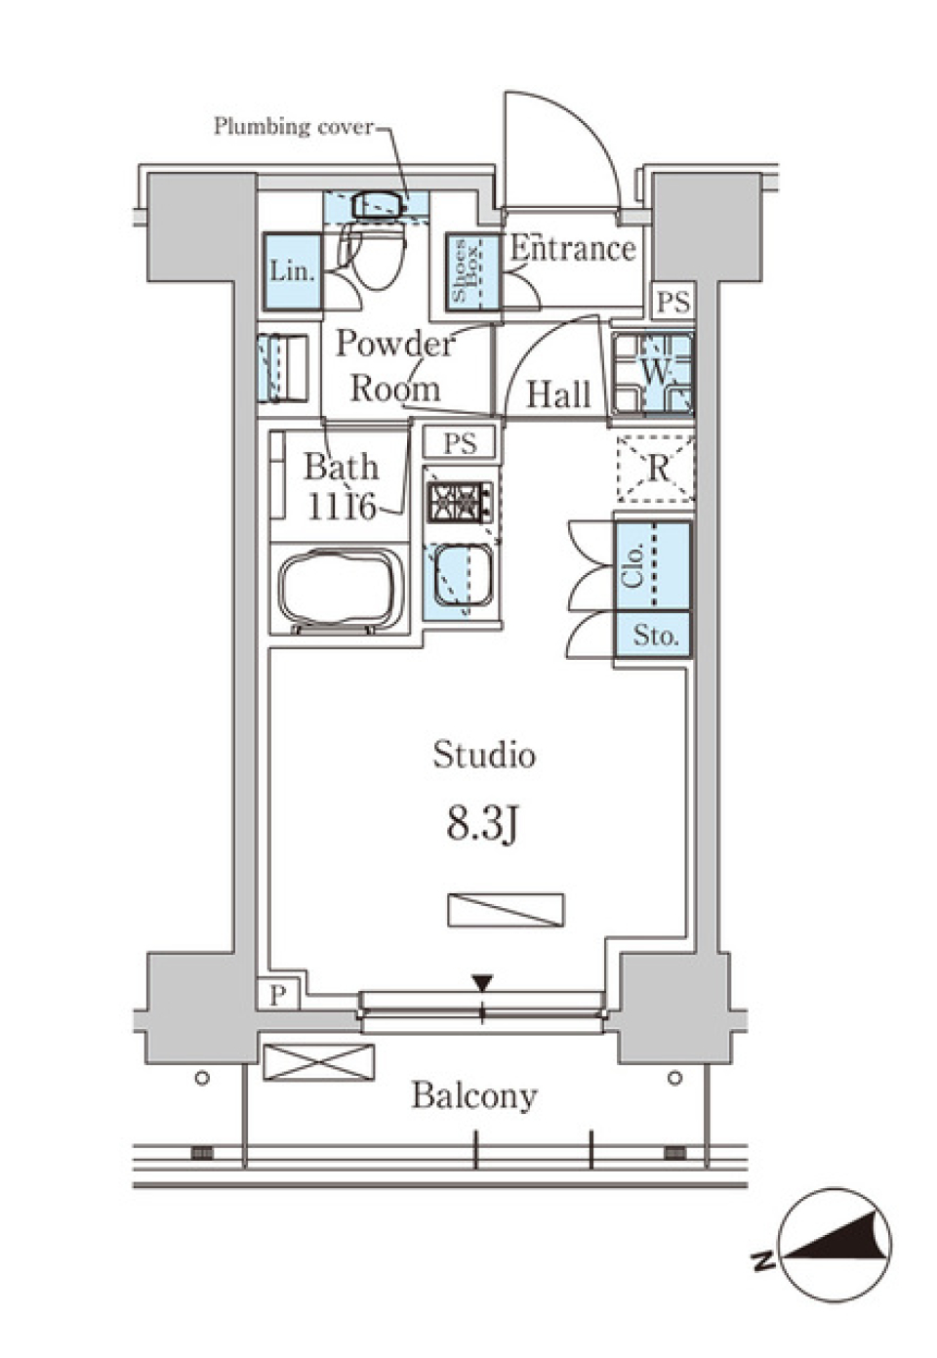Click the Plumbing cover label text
pyautogui.click(x=293, y=126)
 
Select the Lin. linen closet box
pyautogui.click(x=292, y=271)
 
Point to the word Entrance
pyautogui.click(x=573, y=249)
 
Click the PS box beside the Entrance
pyautogui.click(x=672, y=302)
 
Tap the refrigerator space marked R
pyautogui.click(x=657, y=469)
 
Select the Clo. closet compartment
pyautogui.click(x=652, y=566)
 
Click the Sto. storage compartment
pyautogui.click(x=653, y=638)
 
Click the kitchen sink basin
pyautogui.click(x=461, y=577)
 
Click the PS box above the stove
pyautogui.click(x=461, y=443)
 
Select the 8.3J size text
pyautogui.click(x=481, y=825)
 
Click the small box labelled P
pyautogui.click(x=279, y=995)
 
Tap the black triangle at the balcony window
pyautogui.click(x=482, y=982)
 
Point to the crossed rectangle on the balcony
pyautogui.click(x=319, y=1062)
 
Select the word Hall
pyautogui.click(x=558, y=394)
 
